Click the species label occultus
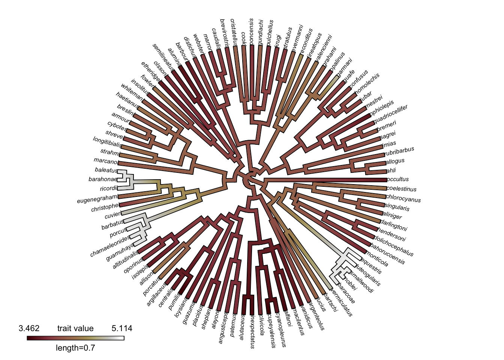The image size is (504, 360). point(397,179)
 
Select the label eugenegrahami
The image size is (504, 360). point(97,199)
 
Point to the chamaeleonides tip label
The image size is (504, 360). point(110,246)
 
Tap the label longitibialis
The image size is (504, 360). point(107,142)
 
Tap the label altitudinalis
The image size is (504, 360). point(126,260)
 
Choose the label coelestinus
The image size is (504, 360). point(401,189)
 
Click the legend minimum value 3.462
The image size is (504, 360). point(29,328)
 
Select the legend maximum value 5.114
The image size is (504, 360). point(122,328)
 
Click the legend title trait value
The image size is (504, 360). point(75,328)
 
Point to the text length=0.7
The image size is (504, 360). point(75,348)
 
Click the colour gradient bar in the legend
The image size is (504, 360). point(75,338)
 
